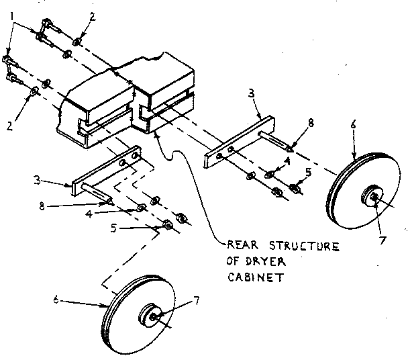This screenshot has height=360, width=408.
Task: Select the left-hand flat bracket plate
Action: [106, 171]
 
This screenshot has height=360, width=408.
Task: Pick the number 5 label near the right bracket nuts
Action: [309, 172]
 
